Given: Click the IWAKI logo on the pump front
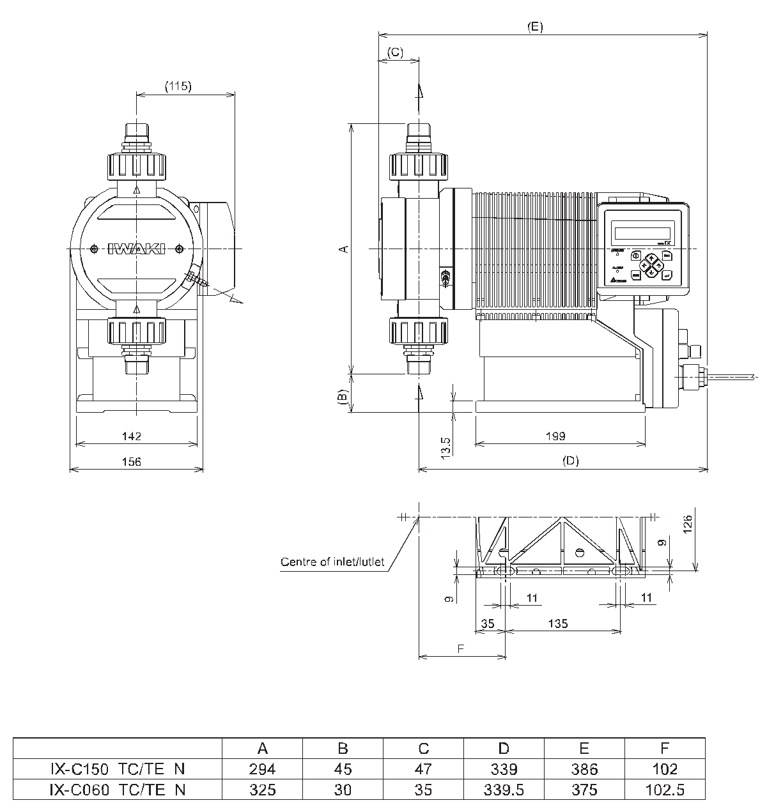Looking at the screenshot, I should pos(136,249).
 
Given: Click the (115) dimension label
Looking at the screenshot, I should pos(178,86).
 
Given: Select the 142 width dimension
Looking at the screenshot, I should pos(131,436).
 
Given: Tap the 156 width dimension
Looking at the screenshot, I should pos(131,461).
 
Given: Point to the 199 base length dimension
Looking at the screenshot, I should pos(555,436).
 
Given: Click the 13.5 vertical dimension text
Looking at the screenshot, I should pos(446,445).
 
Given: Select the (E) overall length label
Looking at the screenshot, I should pos(535,26).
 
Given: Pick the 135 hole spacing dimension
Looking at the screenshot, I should pos(558,623).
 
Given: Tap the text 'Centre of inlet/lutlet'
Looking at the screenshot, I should pos(332,562).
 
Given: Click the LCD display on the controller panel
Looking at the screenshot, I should pos(642,231).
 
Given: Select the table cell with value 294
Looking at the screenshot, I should pos(262,769).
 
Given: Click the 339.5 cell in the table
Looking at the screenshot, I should pos(504,790).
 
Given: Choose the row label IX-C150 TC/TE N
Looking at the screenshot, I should pos(118,769).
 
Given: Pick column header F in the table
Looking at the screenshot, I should pos(665,748).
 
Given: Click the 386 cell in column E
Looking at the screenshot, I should pos(584,769).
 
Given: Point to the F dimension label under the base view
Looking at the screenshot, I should pos(460,648).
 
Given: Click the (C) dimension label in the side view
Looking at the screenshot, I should pos(396,52).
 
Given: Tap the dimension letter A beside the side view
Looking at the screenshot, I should pos(343,248).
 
